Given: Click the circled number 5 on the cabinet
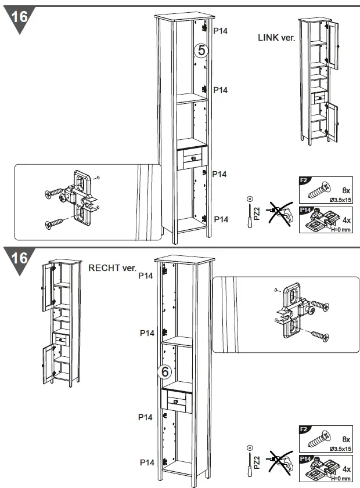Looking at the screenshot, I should tap(201, 51).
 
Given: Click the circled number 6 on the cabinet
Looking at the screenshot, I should tap(164, 371).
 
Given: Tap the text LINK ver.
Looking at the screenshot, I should tap(276, 37).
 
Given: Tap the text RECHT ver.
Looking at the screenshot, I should tap(112, 268).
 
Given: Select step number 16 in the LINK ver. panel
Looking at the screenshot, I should tap(19, 16).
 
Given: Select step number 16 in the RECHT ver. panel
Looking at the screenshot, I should tap(19, 257).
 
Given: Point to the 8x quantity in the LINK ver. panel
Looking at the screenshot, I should tap(346, 190).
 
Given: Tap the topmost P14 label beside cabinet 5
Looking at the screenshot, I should tap(220, 30).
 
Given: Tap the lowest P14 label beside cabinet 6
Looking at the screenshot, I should tap(146, 462).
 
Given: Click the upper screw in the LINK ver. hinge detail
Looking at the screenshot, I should tap(55, 192).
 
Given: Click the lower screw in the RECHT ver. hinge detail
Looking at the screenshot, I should tap(318, 335).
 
